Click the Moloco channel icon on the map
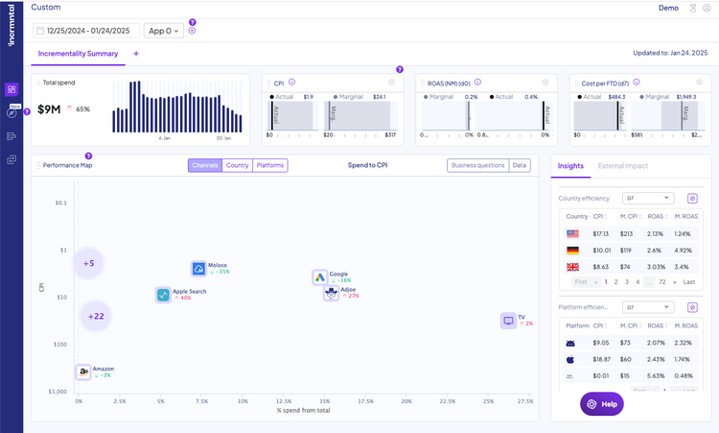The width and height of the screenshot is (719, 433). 199,269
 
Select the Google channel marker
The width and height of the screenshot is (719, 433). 321,277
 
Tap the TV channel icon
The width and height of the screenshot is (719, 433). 508,321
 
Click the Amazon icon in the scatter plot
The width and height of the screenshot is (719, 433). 83,371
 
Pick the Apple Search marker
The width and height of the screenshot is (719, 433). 164,295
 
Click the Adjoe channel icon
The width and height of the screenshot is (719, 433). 331,293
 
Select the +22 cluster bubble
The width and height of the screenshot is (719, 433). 96,315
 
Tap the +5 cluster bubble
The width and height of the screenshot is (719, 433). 89,263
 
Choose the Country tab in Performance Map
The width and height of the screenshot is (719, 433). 237,165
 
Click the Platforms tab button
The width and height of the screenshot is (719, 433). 270,165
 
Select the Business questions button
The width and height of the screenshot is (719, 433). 477,165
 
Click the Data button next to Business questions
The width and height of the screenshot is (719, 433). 520,165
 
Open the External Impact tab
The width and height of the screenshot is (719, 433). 623,166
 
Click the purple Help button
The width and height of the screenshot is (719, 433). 602,404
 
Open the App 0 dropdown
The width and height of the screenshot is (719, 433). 163,31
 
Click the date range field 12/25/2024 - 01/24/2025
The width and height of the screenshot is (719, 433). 85,31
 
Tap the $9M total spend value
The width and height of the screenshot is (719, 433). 50,109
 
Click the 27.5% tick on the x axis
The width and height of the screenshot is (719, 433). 525,401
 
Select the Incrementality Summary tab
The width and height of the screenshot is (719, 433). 77,54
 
